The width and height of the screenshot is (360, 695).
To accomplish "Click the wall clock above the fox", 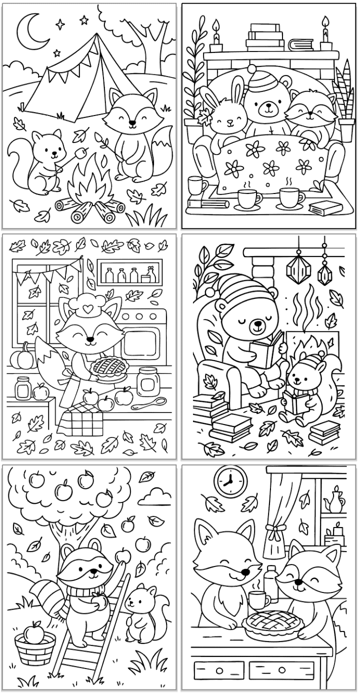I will tap(230, 481).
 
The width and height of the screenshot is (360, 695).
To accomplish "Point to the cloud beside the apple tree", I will tap(155, 498).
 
